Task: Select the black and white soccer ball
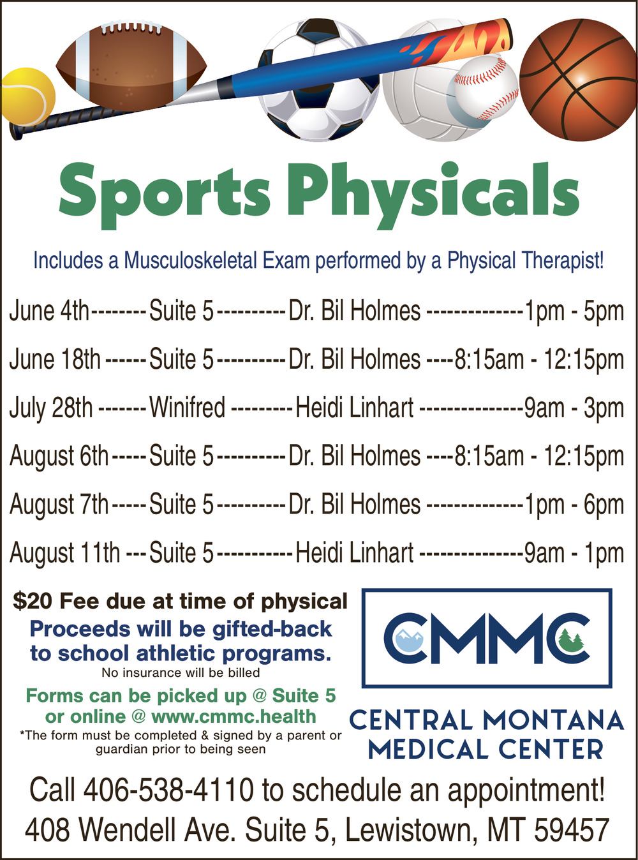[x=318, y=80]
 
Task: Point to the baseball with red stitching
[x=486, y=89]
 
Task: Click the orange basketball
[x=578, y=80]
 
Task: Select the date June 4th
[x=49, y=311]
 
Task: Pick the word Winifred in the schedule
[x=187, y=408]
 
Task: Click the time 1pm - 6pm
[x=574, y=505]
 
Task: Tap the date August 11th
[x=64, y=552]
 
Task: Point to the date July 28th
[x=51, y=408]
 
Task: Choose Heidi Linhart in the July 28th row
[x=355, y=408]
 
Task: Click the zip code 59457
[x=572, y=830]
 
